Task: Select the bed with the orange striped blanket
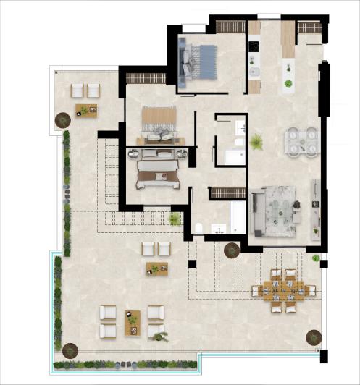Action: pos(159,123)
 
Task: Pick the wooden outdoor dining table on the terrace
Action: pos(283,290)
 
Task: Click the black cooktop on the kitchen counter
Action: pos(254,47)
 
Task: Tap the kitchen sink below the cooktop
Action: pos(254,72)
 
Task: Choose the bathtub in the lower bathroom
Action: pos(238,217)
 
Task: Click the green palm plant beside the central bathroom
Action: pos(256,143)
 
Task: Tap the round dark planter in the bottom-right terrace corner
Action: pos(313,337)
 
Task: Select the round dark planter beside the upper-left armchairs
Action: pos(62,117)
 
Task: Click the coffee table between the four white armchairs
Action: pos(133,319)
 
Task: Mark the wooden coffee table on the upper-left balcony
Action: pos(86,111)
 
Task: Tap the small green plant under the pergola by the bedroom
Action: pos(175,219)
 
